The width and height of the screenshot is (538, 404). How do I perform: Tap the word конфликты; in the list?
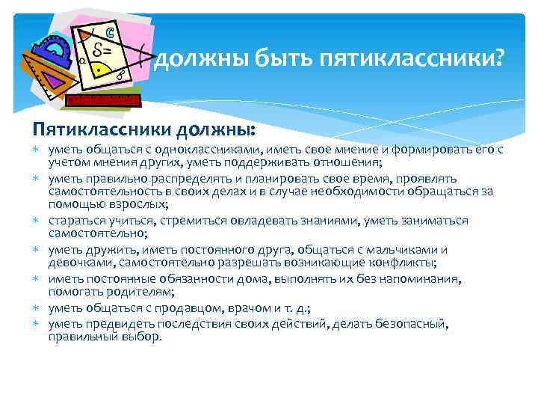click(x=409, y=263)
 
